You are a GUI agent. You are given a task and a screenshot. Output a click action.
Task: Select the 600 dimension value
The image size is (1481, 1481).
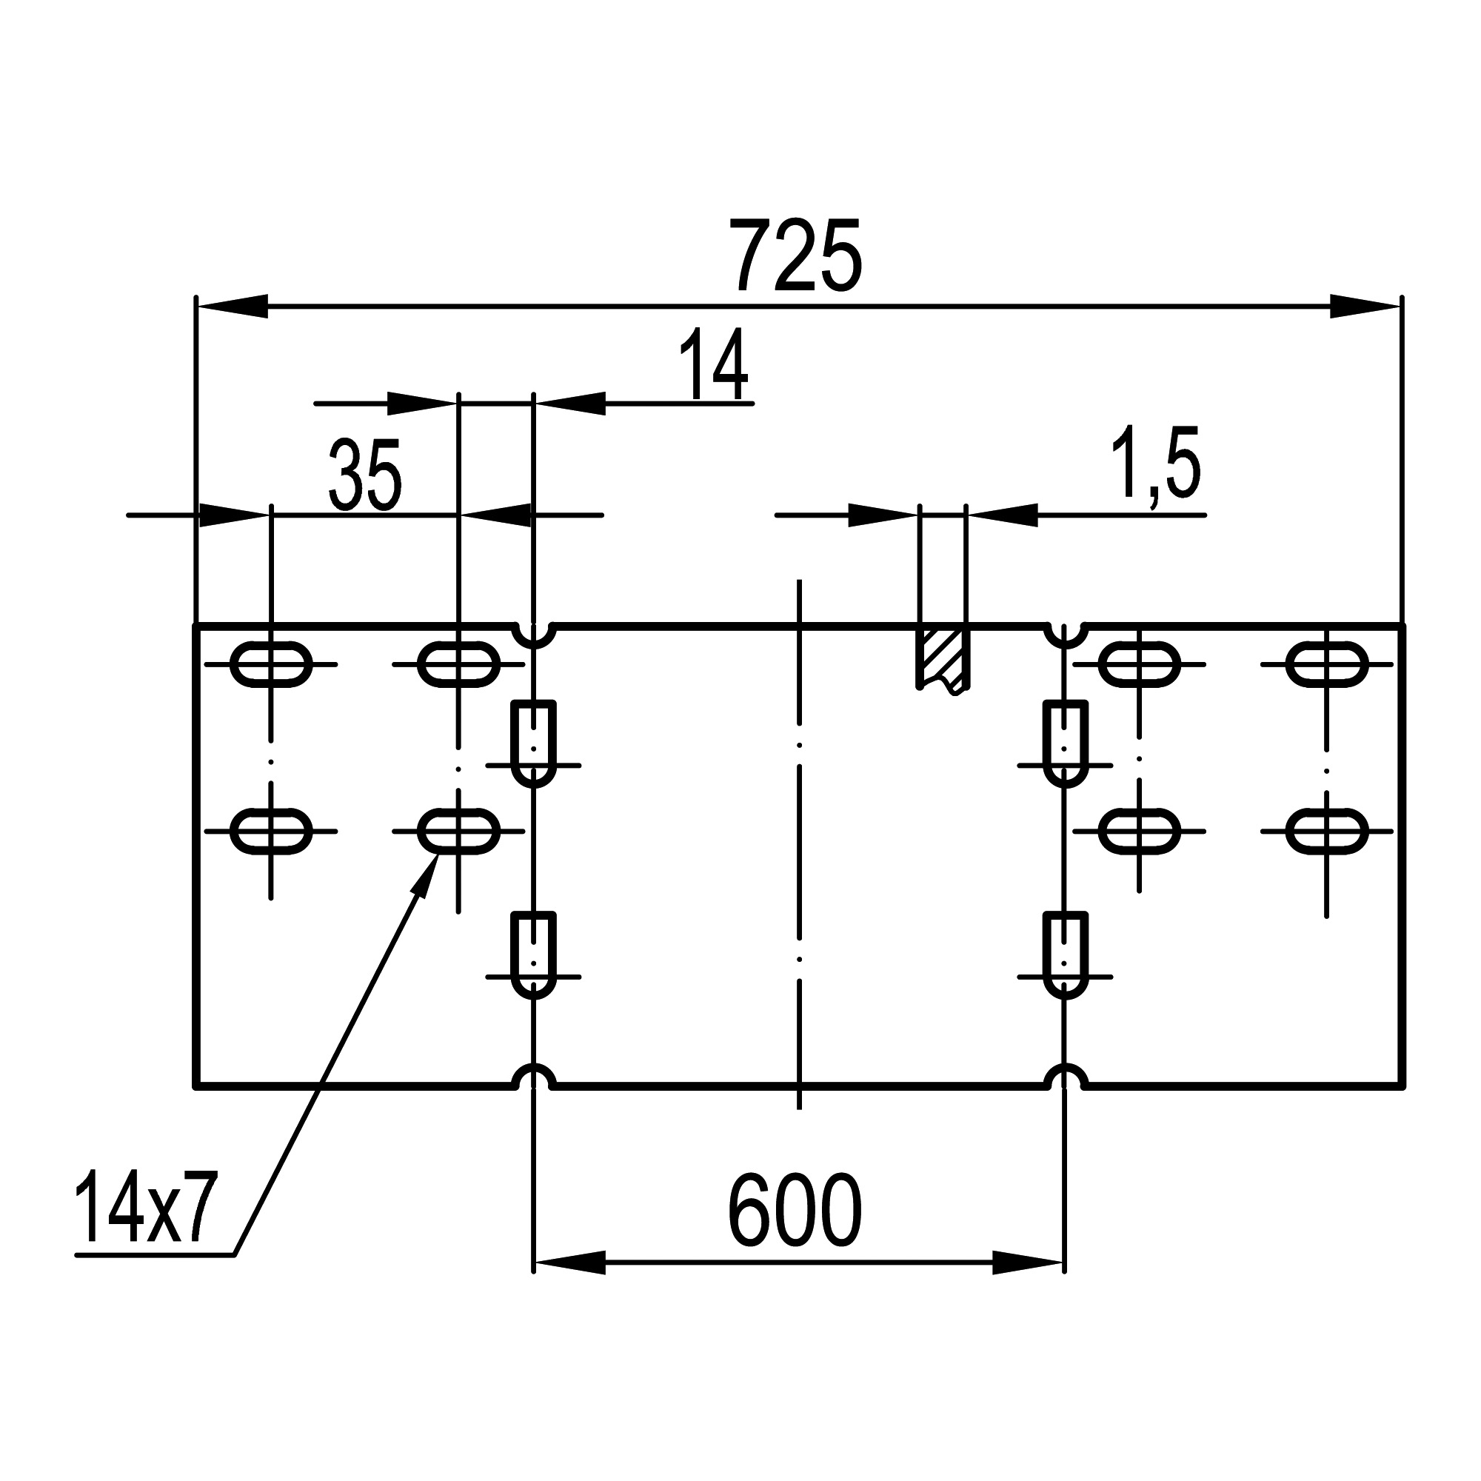pos(794,1211)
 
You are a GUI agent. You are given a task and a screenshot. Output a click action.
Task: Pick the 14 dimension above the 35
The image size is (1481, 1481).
pos(714,366)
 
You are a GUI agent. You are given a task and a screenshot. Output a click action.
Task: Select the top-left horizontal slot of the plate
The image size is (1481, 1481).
pos(271,663)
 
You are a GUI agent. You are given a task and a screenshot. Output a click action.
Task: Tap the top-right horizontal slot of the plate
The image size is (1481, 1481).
pos(1327,663)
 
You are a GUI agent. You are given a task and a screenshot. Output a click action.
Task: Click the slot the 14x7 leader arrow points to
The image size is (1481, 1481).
pos(458,831)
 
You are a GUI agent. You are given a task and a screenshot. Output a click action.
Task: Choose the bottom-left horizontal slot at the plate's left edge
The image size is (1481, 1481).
pos(271,831)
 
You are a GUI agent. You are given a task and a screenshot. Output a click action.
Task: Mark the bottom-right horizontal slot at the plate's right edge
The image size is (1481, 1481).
pos(1327,831)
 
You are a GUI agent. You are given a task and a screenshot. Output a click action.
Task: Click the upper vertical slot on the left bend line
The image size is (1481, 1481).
pos(533,743)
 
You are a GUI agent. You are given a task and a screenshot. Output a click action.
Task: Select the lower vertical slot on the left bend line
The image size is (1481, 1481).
pos(533,955)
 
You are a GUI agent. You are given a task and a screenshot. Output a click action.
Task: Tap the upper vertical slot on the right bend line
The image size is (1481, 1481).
pos(1065,743)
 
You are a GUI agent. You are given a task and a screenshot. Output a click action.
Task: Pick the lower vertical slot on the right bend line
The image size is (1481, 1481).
pos(1065,955)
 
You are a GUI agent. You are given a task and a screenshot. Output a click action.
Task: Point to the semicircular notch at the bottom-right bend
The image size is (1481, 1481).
pos(1065,1076)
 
